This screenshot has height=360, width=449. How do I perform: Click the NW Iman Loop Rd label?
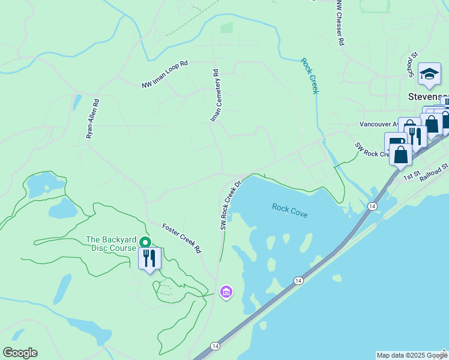pos(165,75)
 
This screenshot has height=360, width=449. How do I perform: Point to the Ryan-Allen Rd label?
pos(92,119)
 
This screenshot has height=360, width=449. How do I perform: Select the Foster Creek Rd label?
pos(181,238)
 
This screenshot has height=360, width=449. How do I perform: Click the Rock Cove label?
pos(289,211)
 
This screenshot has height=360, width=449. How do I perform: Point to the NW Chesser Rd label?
pos(340,23)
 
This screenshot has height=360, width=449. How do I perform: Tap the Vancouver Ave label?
pos(379,124)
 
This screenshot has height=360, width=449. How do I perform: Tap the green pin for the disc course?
pos(145,242)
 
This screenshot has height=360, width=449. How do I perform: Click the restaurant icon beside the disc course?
pos(149,259)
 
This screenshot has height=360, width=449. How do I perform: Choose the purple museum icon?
pos(226,292)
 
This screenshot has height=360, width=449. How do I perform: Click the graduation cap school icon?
pos(429,74)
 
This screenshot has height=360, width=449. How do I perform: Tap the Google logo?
pos(20,353)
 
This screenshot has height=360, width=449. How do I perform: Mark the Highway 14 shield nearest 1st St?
pos(373,206)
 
